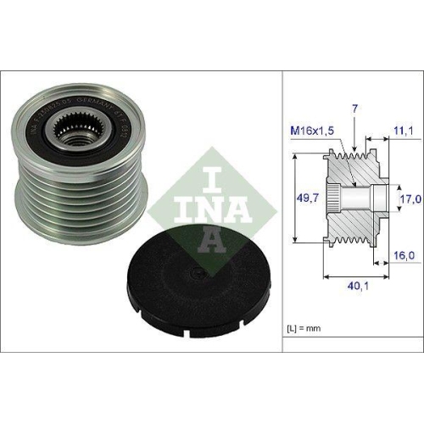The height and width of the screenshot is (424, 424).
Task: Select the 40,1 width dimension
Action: pyautogui.click(x=350, y=286)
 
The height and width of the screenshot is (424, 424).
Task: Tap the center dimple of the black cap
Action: pyautogui.click(x=198, y=273)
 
